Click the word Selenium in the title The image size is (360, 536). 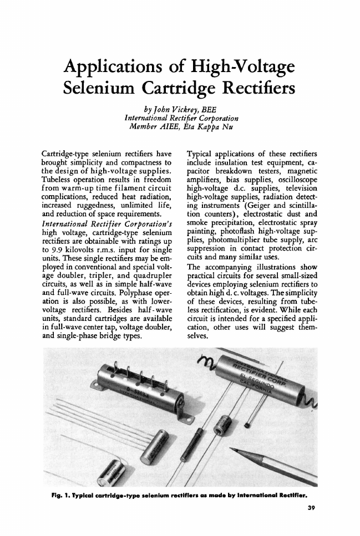108,88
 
